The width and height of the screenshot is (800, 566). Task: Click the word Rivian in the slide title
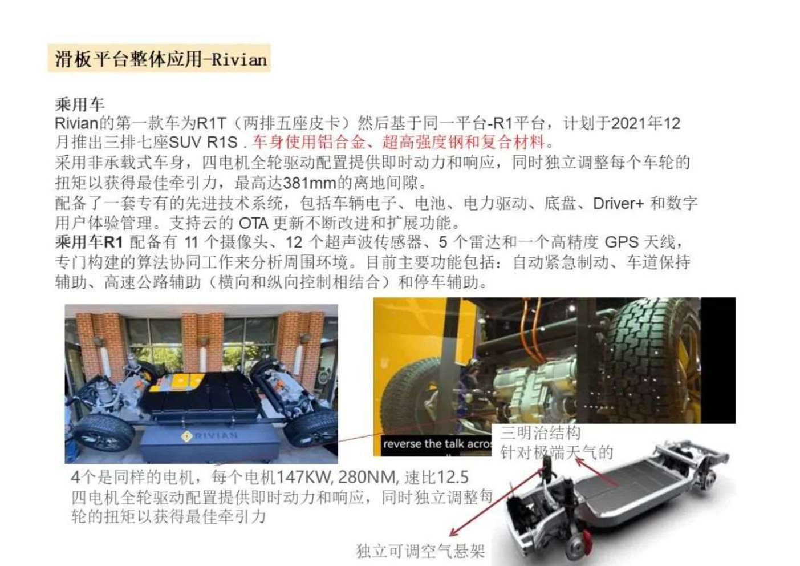[239, 59]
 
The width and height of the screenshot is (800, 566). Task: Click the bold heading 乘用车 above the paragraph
[80, 104]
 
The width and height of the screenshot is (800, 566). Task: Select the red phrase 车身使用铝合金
[309, 142]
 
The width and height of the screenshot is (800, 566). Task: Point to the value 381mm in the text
[310, 183]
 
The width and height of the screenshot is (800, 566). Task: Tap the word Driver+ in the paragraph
[618, 204]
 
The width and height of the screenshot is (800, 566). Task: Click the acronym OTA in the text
[254, 224]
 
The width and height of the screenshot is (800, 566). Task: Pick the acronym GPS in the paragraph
[622, 242]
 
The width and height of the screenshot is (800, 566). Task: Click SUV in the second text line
[185, 142]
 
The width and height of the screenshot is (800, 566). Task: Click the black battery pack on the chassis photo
[202, 396]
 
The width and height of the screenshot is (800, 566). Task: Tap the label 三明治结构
[540, 433]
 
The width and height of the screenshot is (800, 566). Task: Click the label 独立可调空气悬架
[420, 551]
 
